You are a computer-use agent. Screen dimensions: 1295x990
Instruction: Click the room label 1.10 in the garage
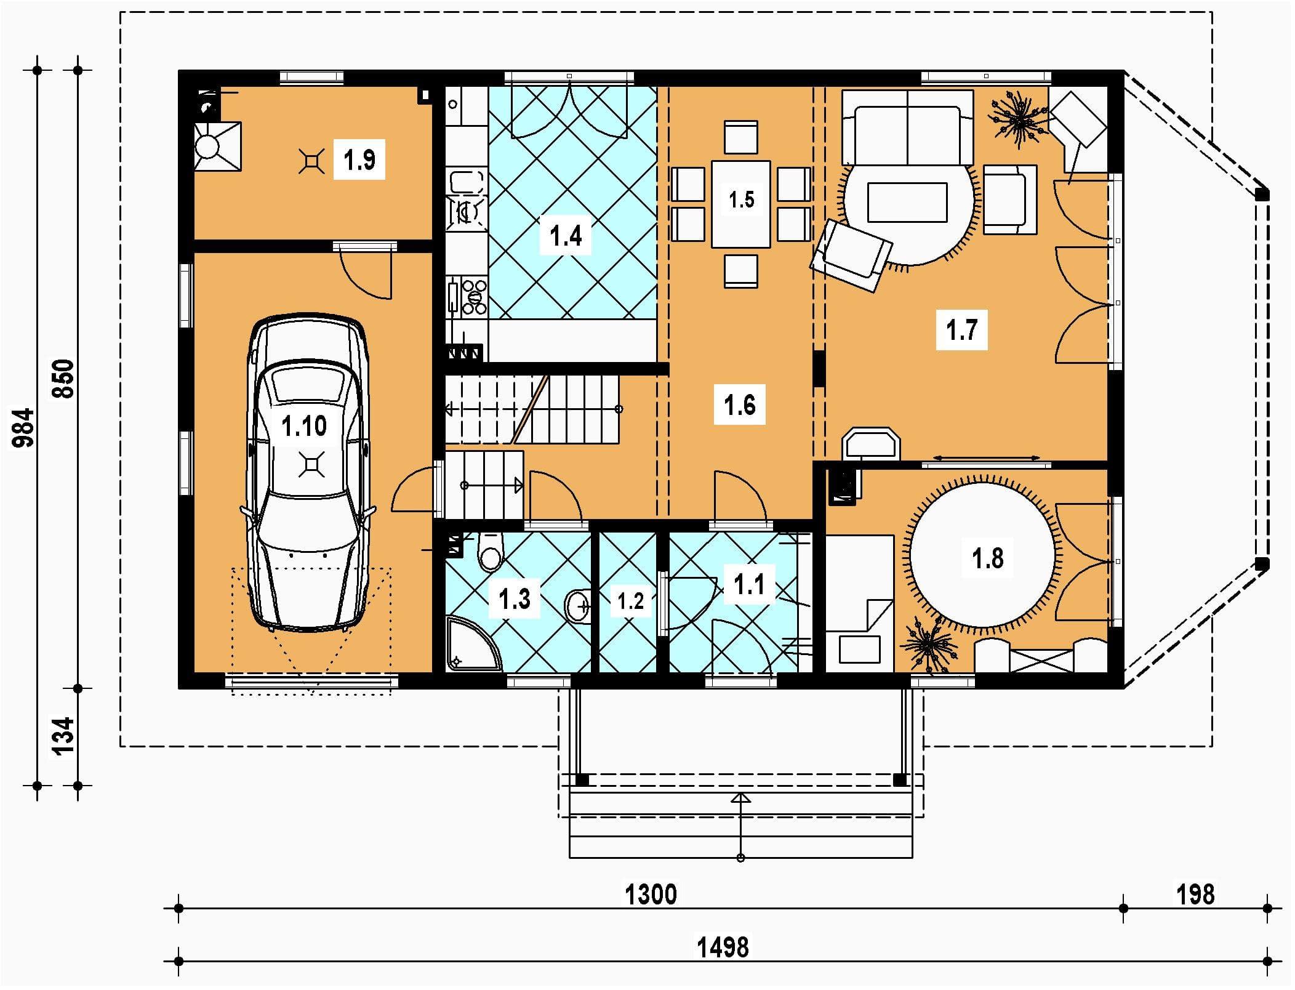304,426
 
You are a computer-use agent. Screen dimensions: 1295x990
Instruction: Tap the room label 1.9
359,159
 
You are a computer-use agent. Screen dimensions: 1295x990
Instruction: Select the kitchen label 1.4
566,236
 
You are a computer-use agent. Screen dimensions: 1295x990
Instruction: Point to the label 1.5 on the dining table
741,199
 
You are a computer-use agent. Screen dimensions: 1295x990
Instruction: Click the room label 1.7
962,330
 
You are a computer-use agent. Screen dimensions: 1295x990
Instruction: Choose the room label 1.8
987,559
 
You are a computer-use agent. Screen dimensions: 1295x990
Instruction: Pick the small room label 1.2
630,601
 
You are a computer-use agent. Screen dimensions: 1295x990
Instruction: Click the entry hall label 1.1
749,584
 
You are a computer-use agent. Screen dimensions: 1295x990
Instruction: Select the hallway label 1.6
740,405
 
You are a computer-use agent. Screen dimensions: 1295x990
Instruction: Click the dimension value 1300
651,895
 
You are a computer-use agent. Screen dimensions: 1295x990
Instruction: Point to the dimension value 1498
723,947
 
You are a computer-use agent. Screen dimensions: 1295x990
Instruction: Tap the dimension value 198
1195,895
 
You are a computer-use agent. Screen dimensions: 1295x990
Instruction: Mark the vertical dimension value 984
25,427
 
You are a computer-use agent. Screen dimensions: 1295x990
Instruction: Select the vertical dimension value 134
65,736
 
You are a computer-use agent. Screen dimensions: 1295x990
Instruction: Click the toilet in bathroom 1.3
490,552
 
